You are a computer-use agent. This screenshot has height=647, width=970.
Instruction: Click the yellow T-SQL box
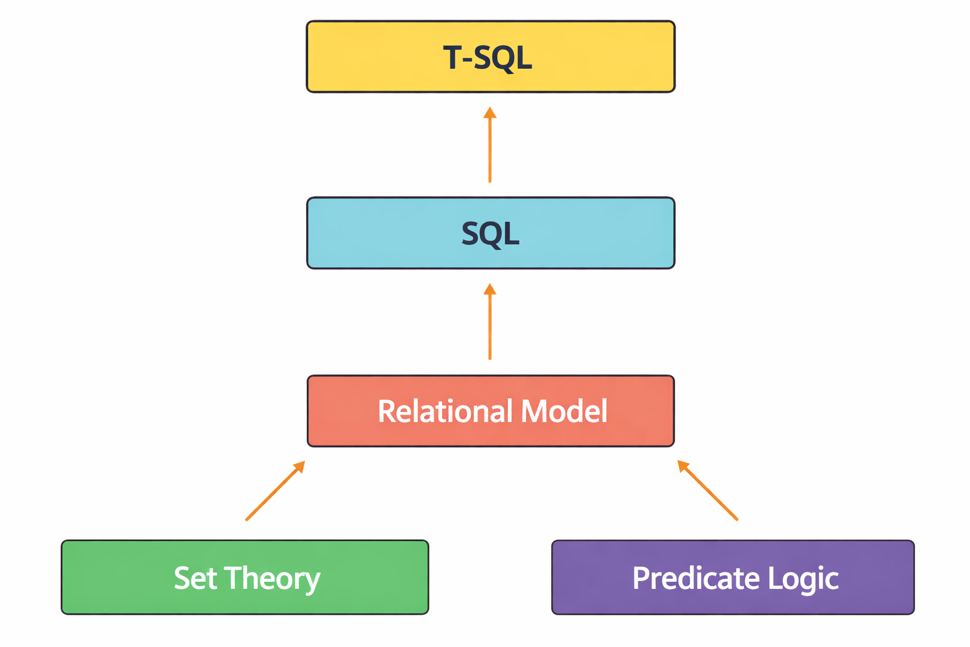[x=491, y=56]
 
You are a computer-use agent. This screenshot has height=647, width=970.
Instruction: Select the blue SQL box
[x=491, y=233]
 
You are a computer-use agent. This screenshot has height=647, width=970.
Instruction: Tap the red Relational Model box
[x=491, y=411]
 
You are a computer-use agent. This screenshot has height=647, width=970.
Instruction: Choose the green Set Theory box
[x=245, y=577]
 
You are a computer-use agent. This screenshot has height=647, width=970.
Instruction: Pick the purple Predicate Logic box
[x=733, y=577]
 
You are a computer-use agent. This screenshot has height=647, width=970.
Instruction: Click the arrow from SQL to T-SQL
[x=490, y=145]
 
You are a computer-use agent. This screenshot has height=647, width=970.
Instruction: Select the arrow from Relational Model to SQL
[x=490, y=322]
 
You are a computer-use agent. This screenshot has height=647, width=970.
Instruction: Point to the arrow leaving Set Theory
[x=275, y=490]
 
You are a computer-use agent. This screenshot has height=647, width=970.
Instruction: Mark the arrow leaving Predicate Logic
[x=707, y=490]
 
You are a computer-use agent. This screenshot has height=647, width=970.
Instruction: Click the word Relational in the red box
[x=446, y=411]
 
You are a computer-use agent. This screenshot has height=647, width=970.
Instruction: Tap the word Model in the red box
[x=564, y=411]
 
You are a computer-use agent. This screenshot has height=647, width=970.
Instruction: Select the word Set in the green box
[x=195, y=577]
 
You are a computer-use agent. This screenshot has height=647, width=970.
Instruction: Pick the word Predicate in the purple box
[x=697, y=577]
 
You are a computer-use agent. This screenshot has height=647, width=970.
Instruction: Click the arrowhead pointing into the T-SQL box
[x=490, y=112]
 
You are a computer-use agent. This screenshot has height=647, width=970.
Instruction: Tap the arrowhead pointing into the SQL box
[x=490, y=289]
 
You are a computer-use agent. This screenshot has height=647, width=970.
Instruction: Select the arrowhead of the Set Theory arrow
[x=300, y=466]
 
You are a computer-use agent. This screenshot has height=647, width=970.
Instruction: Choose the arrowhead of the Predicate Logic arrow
[x=683, y=466]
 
